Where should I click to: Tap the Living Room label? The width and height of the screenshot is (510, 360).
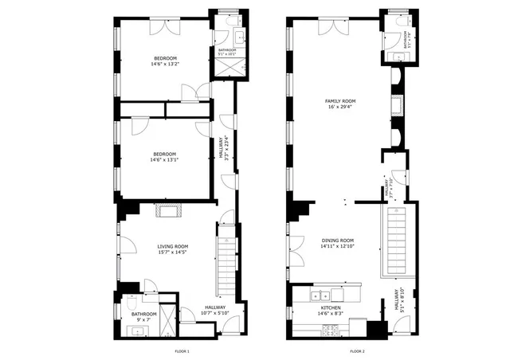[x=171, y=248]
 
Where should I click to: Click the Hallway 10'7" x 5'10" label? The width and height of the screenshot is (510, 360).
[x=215, y=311]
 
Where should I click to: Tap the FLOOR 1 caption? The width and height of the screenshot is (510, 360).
[x=182, y=351]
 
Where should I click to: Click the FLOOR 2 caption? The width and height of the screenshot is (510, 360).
[x=357, y=351]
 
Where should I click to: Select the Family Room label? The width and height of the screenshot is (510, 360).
[x=339, y=104]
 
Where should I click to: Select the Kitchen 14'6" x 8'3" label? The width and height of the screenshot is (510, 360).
[x=331, y=311]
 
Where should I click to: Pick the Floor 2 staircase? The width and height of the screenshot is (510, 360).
[x=396, y=239]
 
